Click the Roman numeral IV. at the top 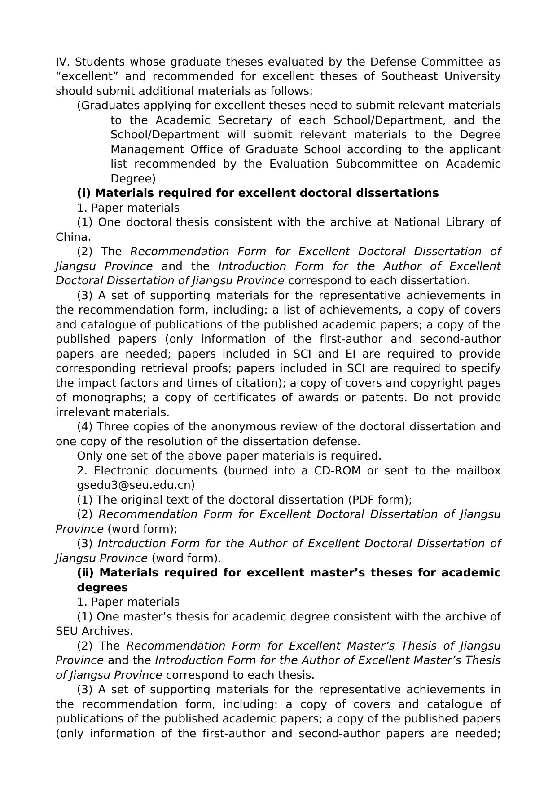point(62,62)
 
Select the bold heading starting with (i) point(258,193)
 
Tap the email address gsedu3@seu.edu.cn point(136,485)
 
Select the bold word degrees point(102,588)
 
